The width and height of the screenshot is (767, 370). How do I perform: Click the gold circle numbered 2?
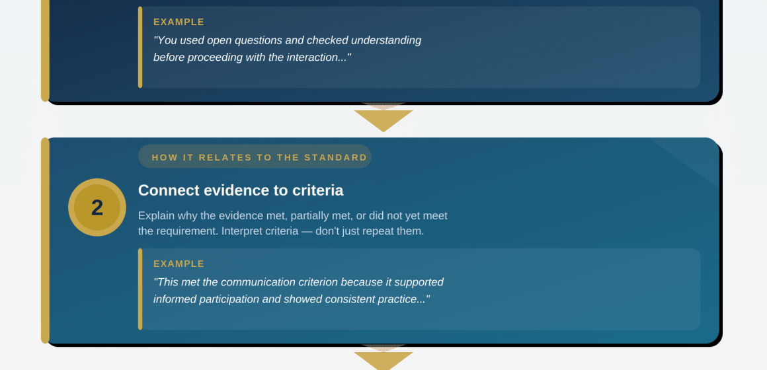[x=97, y=207]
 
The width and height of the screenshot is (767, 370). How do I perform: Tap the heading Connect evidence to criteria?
[x=241, y=190]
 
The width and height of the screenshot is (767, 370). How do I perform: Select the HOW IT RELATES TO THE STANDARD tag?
[x=255, y=157]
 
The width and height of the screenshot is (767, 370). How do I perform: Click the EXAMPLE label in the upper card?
[x=179, y=22]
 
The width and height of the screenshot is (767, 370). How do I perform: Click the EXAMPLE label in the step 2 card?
[x=179, y=264]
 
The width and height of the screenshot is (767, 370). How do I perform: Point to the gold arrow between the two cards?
[x=383, y=120]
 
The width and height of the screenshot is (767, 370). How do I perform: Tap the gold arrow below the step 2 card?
[x=383, y=361]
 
